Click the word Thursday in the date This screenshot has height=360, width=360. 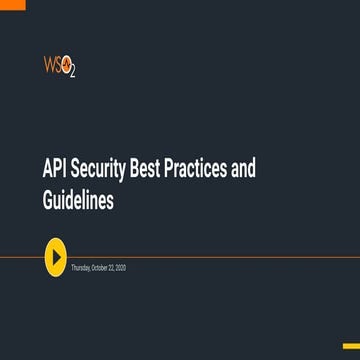[82, 269]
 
